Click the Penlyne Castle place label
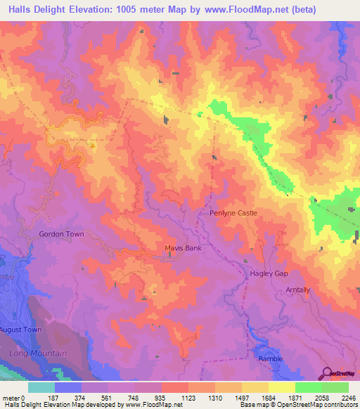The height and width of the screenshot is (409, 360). point(233,212)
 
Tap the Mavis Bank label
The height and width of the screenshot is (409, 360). point(183,248)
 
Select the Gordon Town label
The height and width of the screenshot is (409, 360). point(61,234)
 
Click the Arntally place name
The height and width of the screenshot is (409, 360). point(297,290)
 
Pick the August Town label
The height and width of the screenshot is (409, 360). point(22,330)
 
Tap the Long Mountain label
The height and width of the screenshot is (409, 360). point(39,353)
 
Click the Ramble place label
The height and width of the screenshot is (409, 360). point(270,358)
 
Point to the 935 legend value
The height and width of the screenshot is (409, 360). point(162,396)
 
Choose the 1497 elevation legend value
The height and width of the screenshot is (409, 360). point(241,396)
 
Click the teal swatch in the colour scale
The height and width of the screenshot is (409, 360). point(41,387)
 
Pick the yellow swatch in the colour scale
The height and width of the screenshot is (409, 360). point(281,387)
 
